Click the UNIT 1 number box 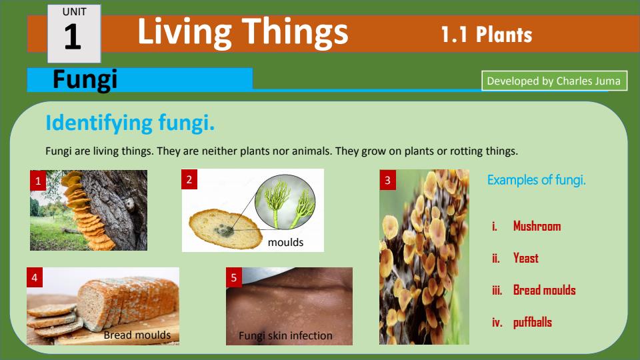pos(73,33)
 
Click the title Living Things pos(243,32)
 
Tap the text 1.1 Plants pos(486,35)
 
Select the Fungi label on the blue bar pos(85,80)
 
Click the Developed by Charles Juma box pos(554,81)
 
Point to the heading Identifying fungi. pos(130,123)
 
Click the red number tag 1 pos(39,180)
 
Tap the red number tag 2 pos(189,179)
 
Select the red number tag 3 pos(388,179)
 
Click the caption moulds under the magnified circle pos(285,243)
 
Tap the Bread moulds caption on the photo pos(137,335)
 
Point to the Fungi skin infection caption pos(285,335)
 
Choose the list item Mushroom pos(537,226)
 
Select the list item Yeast pos(525,258)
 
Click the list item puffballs pos(532,322)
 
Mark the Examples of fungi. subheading pos(537,180)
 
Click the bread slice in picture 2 pos(220,227)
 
